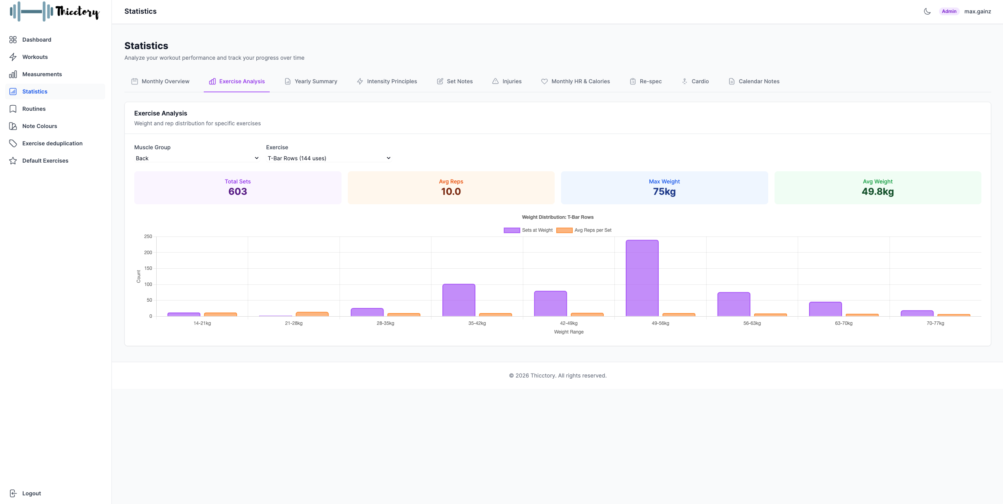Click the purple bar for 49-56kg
(x=642, y=278)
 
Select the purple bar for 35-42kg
(x=459, y=300)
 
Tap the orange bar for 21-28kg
(x=312, y=314)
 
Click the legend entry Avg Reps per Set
(x=584, y=230)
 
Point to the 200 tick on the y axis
(x=148, y=253)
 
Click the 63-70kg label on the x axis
(x=843, y=323)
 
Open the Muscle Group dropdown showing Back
(x=197, y=158)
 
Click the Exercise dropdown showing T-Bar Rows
(x=329, y=158)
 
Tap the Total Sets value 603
(x=238, y=191)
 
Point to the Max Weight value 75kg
(x=664, y=191)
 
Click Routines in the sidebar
(x=34, y=109)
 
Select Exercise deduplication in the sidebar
(x=52, y=143)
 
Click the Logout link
(x=31, y=493)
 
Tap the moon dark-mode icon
(x=927, y=11)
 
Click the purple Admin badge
(x=949, y=11)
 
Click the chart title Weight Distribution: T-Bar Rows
(x=557, y=217)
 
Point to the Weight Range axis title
(x=568, y=332)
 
